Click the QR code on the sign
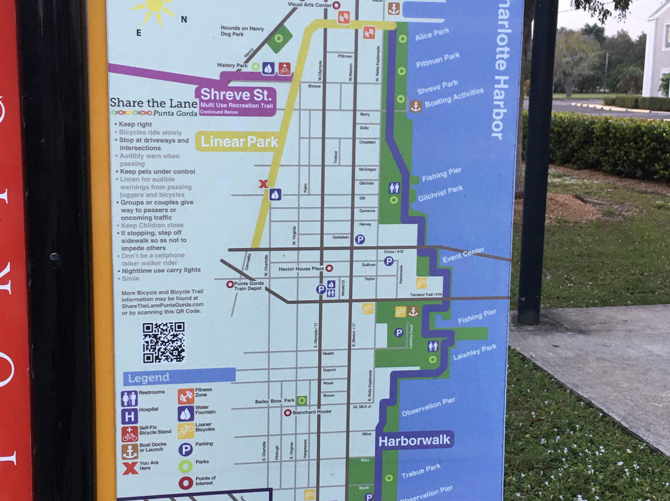coord(164,342)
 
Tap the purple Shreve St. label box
coord(235,100)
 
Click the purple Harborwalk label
coord(415,441)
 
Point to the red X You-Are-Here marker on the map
coord(263,184)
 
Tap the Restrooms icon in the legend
coord(130,398)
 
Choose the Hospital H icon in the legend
coord(130,416)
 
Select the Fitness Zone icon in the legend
coord(185,396)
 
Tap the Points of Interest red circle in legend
coord(186,482)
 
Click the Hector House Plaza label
coord(301,268)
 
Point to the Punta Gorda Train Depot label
coord(250,286)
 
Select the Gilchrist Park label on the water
coord(440,193)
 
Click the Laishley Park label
coord(475,353)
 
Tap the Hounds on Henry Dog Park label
coord(242,31)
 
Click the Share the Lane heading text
coord(153,104)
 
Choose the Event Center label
coord(463,254)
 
